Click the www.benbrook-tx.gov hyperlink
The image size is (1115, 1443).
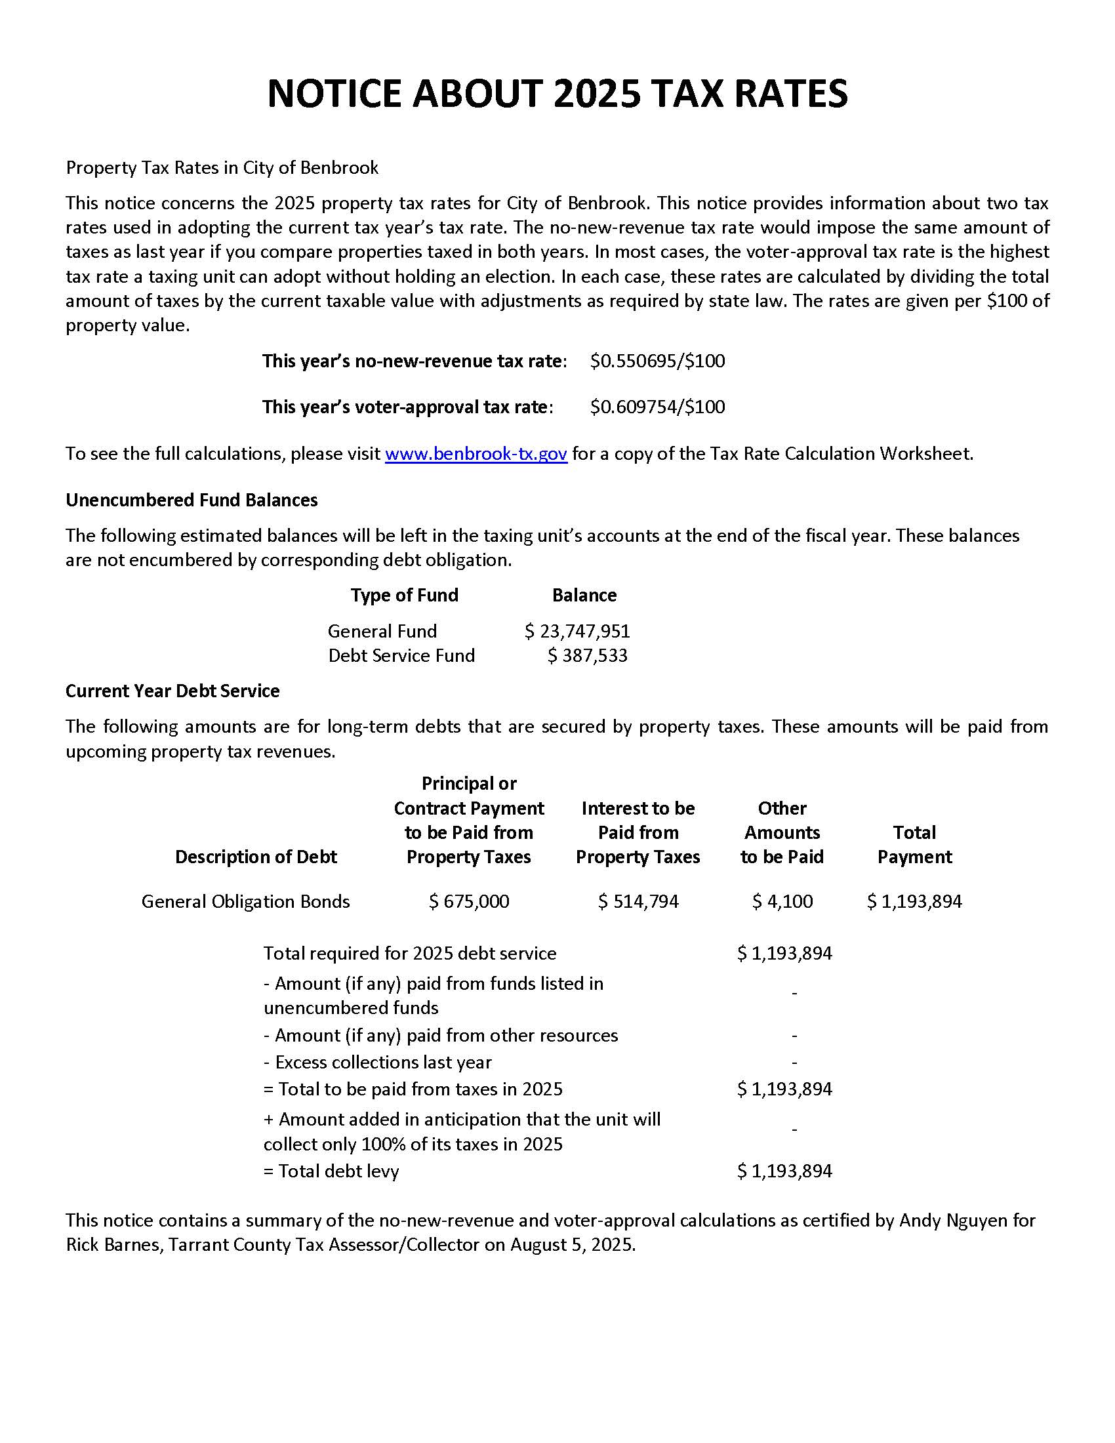click(x=476, y=454)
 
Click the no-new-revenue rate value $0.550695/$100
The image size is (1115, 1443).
click(x=657, y=361)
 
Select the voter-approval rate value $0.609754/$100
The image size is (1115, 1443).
click(x=657, y=407)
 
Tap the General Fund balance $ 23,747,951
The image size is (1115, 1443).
click(x=577, y=631)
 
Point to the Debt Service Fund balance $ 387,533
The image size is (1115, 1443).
click(x=587, y=655)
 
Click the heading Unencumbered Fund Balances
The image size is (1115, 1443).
click(x=192, y=500)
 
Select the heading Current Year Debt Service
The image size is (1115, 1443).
click(x=172, y=691)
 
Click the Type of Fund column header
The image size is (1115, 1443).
click(x=404, y=596)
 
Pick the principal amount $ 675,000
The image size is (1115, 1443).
click(x=469, y=901)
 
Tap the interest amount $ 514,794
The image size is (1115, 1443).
click(x=638, y=901)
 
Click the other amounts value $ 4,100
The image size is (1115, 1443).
click(x=782, y=901)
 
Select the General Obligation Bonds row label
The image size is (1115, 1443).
click(x=245, y=901)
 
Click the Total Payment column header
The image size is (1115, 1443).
click(x=914, y=844)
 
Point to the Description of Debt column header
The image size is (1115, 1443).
click(x=256, y=857)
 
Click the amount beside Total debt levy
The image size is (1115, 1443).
click(x=784, y=1171)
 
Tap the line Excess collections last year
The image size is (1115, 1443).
click(x=378, y=1062)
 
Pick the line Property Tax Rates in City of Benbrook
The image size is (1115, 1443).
click(x=222, y=168)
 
